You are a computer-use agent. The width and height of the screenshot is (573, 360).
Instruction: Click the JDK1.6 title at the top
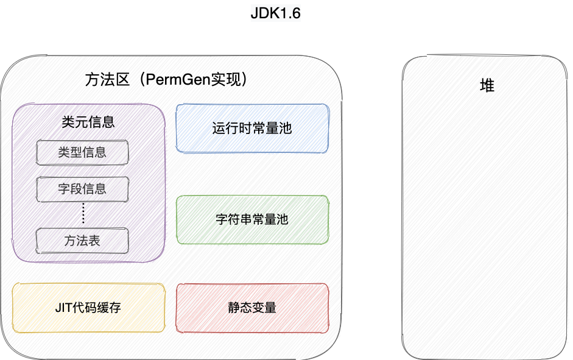coord(276,13)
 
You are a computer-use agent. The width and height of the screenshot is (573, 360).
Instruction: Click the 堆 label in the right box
coord(487,86)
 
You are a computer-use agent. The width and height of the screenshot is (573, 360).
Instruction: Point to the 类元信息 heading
coord(88,122)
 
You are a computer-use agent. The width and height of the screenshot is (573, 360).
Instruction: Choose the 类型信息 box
coord(82,152)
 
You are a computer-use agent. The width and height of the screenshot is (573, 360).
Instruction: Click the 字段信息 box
coord(82,189)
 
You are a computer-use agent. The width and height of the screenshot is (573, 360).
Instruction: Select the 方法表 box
coord(82,241)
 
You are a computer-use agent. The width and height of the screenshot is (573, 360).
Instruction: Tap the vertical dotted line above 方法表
coord(83,214)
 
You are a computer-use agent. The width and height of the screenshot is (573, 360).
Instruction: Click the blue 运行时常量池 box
coord(252,129)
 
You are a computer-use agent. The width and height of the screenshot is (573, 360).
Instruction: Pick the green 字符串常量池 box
coord(252,220)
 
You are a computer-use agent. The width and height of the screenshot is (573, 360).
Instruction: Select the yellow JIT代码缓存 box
coord(88,308)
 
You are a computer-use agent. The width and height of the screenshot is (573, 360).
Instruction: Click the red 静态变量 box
coord(252,308)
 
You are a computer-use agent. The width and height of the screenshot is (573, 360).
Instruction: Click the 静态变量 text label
coord(252,308)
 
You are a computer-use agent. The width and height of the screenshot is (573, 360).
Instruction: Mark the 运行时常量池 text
coord(252,129)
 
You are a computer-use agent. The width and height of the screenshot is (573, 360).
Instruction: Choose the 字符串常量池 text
coord(252,220)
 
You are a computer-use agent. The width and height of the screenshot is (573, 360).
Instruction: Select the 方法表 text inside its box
coord(82,241)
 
